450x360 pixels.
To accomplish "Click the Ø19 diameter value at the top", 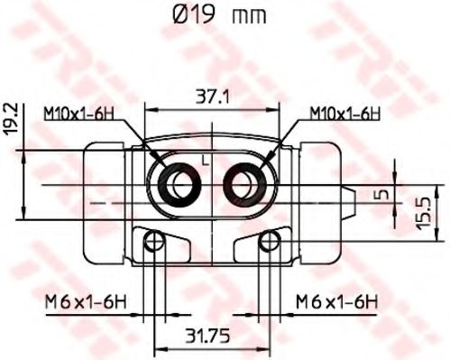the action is tap(194, 14).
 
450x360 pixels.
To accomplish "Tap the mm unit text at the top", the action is tap(249, 17).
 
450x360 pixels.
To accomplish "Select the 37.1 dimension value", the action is tap(212, 97).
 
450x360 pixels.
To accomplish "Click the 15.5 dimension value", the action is tap(424, 213).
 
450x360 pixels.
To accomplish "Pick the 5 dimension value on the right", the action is tap(380, 195).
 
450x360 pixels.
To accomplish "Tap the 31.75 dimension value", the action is tap(207, 336).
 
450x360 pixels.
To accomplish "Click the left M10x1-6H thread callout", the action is tap(79, 114).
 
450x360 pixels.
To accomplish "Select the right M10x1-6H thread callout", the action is tap(345, 114).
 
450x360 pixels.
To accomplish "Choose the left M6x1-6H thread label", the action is tap(86, 301).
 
